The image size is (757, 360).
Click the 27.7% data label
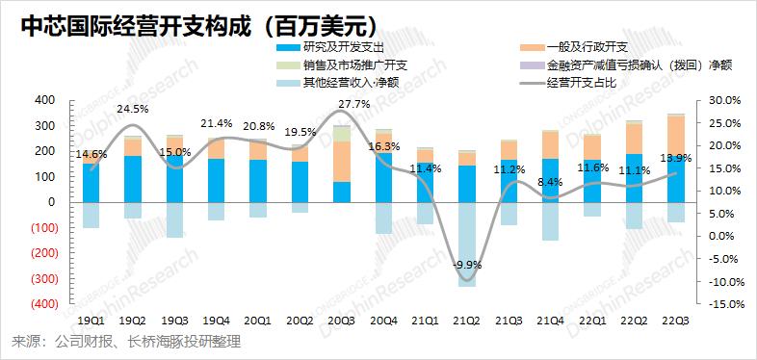354,104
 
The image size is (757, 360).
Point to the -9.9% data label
467,265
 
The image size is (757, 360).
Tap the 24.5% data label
133,109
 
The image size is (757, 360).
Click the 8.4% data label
550,183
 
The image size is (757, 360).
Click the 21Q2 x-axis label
466,321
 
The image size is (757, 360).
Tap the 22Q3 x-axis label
675,321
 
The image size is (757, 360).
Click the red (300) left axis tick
45,278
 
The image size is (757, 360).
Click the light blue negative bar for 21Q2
466,244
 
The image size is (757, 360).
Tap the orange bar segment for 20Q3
341,162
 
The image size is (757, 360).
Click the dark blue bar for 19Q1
91,183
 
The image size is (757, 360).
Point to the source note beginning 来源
125,343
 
